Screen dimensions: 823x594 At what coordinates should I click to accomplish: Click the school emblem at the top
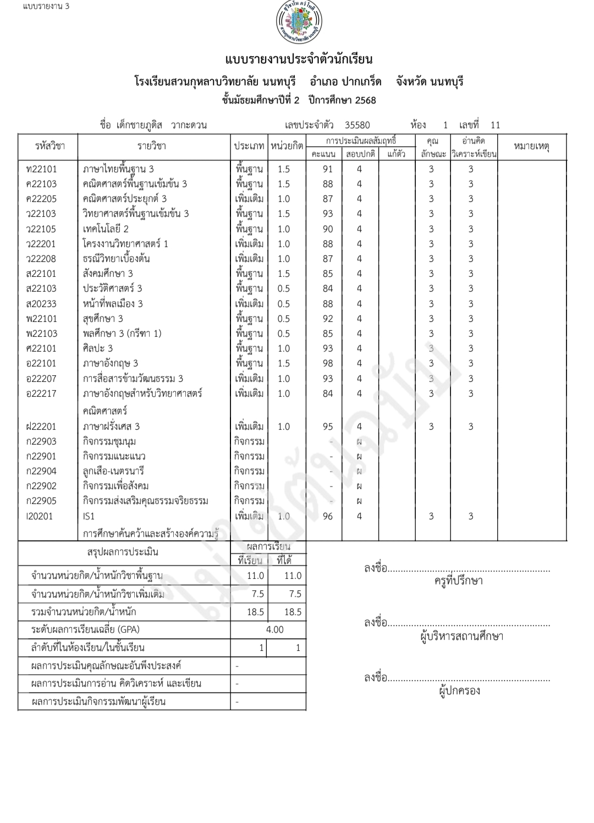299,23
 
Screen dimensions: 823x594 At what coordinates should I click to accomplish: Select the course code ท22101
41,169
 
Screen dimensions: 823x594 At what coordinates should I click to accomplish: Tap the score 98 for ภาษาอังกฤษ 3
328,363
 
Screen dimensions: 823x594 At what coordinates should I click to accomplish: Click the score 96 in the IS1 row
328,516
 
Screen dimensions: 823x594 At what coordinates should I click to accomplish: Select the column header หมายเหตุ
531,146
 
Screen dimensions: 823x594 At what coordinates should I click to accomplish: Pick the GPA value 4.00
274,629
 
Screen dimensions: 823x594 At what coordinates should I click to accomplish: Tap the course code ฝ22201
41,426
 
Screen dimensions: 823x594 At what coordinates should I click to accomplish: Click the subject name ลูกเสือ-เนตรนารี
113,471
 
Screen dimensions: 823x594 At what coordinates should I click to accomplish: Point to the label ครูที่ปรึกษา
458,581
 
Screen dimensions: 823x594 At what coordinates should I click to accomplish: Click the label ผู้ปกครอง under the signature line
459,690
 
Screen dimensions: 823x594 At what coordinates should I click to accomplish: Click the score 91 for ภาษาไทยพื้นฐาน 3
328,169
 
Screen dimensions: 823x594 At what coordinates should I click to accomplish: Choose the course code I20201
40,516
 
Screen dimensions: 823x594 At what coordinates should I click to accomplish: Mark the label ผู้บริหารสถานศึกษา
461,637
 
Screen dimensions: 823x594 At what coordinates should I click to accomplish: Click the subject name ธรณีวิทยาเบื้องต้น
116,259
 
